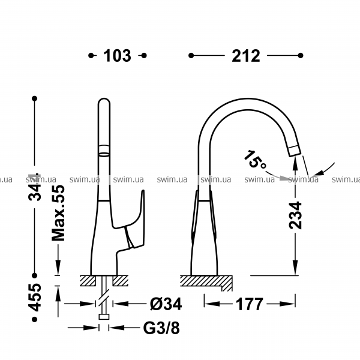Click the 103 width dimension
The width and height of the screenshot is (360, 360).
117,56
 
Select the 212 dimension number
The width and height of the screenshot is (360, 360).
246,56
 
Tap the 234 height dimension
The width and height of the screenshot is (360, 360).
295,215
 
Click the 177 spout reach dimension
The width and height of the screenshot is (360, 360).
249,304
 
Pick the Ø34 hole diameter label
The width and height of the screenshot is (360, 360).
166,304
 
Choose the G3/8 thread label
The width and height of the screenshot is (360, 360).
161,328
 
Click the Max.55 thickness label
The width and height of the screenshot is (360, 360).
59,213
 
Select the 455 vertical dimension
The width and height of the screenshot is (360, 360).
35,298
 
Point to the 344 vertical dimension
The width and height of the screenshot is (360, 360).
35,187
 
